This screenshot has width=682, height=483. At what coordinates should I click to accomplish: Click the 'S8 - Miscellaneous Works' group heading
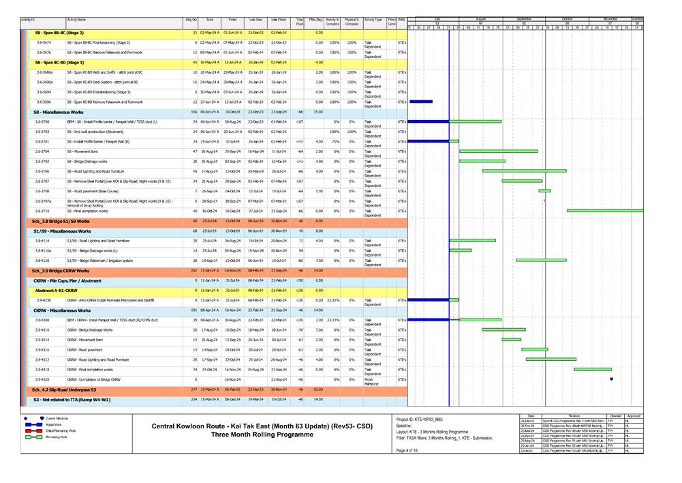coord(58,111)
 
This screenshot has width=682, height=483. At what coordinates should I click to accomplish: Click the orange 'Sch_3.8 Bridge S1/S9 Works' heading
coord(61,221)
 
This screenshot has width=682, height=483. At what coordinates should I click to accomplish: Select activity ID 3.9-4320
coord(43,379)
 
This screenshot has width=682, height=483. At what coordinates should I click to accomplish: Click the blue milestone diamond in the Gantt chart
coord(612,379)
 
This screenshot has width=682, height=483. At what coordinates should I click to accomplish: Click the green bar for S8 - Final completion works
coord(606,211)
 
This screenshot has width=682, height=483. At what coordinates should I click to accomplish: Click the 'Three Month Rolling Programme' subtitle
coord(260,435)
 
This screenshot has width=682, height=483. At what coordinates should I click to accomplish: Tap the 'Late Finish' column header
coord(279,21)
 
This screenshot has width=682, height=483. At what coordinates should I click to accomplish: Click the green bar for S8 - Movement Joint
coord(503,151)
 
